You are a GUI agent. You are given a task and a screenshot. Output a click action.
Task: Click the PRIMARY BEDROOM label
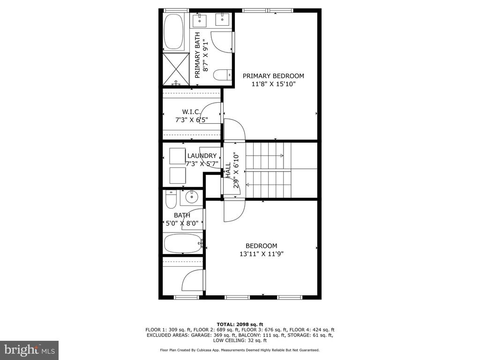tap(273, 76)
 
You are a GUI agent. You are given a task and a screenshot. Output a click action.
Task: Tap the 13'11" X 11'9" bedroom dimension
tap(262, 254)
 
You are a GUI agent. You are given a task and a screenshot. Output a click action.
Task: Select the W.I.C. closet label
tap(191, 112)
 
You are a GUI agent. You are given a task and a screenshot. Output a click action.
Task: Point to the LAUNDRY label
tap(202, 156)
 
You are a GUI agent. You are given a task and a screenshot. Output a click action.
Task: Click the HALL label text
tap(228, 170)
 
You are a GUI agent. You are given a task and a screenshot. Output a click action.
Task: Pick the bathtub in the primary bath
tap(173, 31)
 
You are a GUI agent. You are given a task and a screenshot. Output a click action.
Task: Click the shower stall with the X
tap(176, 69)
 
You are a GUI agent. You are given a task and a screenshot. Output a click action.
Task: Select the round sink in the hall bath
tap(192, 197)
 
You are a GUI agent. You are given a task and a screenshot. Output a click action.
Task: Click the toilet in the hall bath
tap(171, 199)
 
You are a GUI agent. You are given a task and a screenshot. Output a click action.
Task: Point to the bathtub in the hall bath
tap(183, 243)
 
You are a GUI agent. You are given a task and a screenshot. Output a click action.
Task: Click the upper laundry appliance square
tap(178, 156)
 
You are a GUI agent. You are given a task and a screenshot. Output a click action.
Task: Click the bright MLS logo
tap(30, 350)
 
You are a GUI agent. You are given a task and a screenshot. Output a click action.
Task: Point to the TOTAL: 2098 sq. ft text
tap(240, 324)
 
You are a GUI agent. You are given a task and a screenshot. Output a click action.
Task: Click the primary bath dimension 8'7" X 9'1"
tap(206, 55)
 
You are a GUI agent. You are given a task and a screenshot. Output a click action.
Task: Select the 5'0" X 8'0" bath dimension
tap(184, 224)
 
